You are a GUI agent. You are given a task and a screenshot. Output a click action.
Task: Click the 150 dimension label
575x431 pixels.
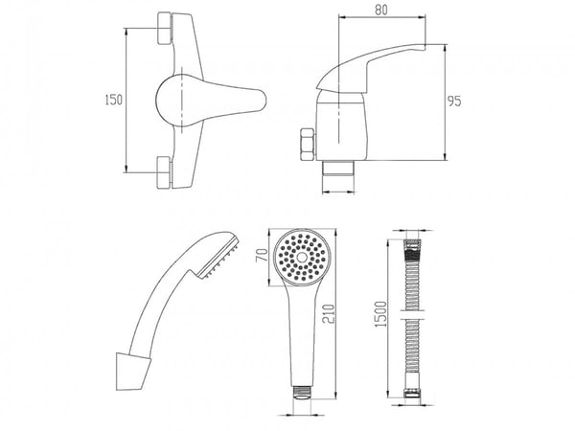(114, 100)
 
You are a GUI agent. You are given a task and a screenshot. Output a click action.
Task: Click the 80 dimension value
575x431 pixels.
(381, 10)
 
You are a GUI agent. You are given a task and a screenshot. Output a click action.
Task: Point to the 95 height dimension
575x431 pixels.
(454, 102)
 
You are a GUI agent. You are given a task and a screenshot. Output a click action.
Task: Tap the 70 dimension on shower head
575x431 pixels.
(262, 255)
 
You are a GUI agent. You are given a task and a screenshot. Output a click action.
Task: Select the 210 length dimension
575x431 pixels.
(329, 314)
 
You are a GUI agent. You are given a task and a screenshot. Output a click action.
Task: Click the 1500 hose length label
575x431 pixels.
(381, 314)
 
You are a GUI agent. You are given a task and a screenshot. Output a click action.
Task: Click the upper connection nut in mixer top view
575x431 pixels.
(165, 28)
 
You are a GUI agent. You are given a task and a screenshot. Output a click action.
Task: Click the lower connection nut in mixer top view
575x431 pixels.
(165, 172)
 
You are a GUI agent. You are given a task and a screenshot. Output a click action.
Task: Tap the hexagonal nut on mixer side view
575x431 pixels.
(308, 145)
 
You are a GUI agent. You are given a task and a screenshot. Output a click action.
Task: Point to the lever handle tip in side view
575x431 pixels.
(424, 47)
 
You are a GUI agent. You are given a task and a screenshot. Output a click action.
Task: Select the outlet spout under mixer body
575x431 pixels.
(338, 169)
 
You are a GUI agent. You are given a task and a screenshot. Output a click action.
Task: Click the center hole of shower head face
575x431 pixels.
(302, 257)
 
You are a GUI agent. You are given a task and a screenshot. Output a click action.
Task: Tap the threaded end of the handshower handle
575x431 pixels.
(302, 392)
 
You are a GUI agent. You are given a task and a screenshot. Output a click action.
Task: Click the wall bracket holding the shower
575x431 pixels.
(132, 372)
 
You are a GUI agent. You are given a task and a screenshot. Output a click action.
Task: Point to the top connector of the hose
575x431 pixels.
(413, 245)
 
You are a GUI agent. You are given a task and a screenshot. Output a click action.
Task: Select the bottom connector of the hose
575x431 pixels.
(412, 393)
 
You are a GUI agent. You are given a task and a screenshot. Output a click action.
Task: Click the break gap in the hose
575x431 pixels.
(413, 315)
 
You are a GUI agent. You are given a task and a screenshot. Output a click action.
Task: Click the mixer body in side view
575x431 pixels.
(341, 126)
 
